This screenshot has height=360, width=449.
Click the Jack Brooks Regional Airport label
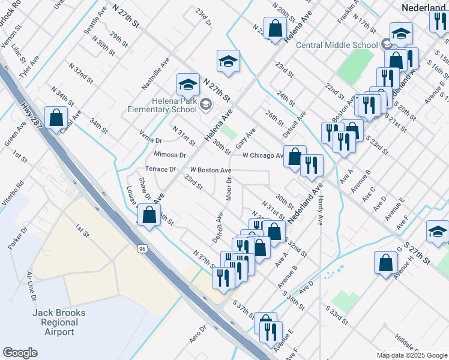[59, 322]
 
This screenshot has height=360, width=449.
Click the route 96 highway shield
[142, 248]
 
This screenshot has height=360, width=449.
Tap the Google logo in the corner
[20, 353]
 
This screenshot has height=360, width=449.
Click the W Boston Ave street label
[211, 170]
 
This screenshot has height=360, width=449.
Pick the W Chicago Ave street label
[263, 155]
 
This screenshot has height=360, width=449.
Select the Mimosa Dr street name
[170, 154]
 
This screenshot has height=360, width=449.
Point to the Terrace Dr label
[160, 169]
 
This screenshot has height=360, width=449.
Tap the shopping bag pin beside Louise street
[148, 214]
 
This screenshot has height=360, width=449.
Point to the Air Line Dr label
[31, 286]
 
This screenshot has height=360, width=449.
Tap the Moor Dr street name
[229, 188]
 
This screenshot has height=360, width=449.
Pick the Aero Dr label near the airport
[197, 334]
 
